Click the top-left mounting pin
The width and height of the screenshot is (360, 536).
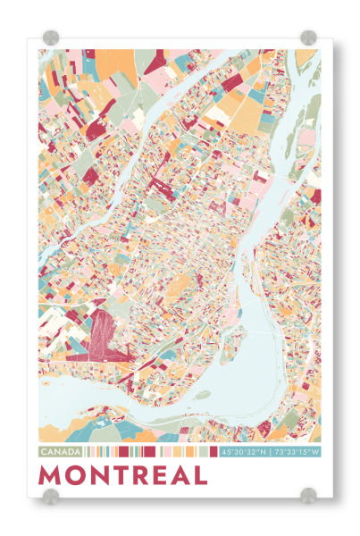click(51, 38)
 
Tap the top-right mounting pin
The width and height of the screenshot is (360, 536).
click(308, 38)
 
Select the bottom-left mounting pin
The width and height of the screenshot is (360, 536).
click(51, 494)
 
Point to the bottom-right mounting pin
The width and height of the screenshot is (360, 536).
click(308, 494)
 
